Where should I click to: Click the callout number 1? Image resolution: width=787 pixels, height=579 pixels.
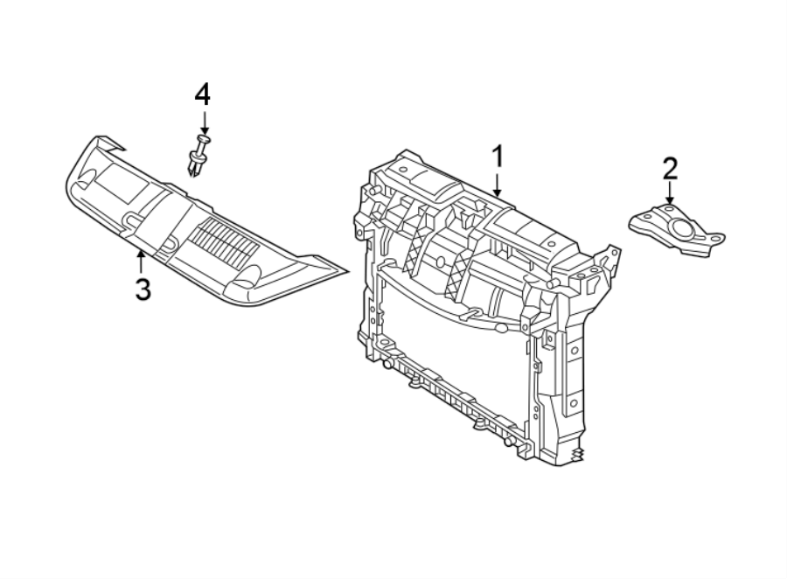[x=497, y=157]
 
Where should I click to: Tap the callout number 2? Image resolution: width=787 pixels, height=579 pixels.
[x=670, y=167]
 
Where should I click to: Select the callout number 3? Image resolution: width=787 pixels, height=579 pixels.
[x=142, y=289]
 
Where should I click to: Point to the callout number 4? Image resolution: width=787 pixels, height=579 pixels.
[x=202, y=94]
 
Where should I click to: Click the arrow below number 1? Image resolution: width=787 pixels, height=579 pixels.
[x=497, y=184]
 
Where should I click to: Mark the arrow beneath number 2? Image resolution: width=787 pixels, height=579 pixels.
[x=670, y=193]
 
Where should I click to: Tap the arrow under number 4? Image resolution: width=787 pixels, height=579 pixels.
[x=202, y=122]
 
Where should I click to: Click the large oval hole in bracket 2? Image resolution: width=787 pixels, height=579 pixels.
[x=683, y=229]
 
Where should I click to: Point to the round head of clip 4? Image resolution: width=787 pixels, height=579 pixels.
[x=204, y=138]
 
